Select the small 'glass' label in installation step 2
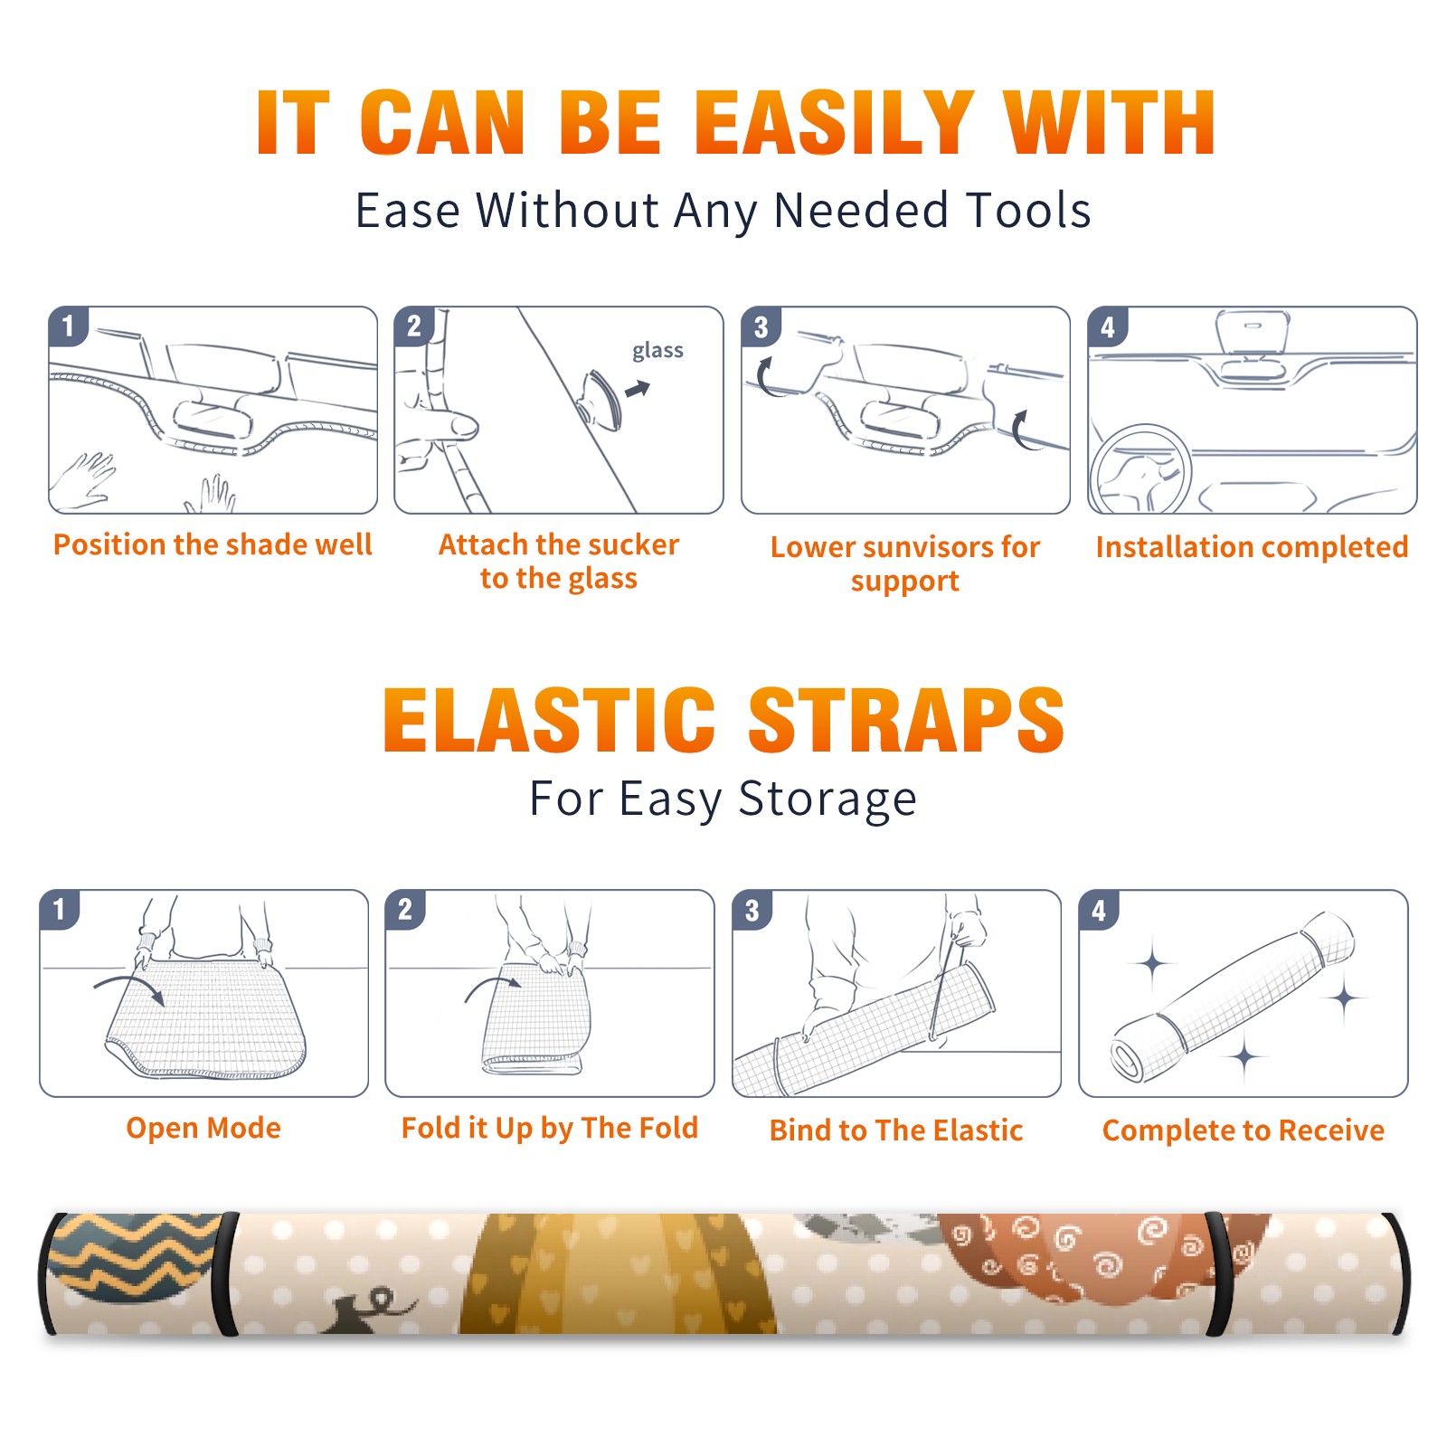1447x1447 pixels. click(x=657, y=351)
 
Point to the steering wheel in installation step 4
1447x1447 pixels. click(x=1140, y=469)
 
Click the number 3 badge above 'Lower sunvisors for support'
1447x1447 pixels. click(x=761, y=326)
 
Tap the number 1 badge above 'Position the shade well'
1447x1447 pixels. click(x=68, y=326)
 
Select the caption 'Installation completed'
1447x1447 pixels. click(x=1252, y=547)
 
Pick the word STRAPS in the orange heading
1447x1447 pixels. click(x=906, y=720)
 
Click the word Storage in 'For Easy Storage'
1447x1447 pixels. click(x=828, y=799)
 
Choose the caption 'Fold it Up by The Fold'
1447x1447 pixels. click(x=550, y=1129)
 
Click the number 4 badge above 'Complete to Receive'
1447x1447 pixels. click(x=1099, y=910)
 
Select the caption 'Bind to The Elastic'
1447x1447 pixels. click(x=896, y=1130)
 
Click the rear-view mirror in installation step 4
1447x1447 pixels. click(x=1253, y=333)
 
